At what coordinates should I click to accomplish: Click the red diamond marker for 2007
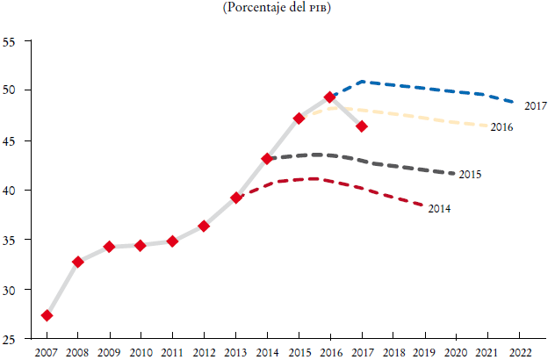pos(47,315)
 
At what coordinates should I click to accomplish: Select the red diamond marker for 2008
pos(78,262)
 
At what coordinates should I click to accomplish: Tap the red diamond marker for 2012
pos(204,226)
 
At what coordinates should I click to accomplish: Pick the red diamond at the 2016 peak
pos(330,97)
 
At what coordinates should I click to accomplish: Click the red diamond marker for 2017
pos(362,126)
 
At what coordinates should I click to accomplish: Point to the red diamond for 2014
pos(267,159)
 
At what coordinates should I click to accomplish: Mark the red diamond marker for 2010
pos(141,246)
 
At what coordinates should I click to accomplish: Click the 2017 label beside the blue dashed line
pos(536,106)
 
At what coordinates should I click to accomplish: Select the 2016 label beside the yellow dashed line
pos(501,127)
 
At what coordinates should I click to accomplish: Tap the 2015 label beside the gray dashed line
pos(470,175)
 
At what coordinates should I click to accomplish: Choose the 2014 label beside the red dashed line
pos(439,209)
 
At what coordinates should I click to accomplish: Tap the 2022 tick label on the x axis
pos(520,352)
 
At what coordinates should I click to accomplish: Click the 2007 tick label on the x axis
pos(47,352)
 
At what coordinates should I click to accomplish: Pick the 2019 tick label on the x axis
pos(425,352)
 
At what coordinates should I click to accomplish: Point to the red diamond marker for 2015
pos(299,119)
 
